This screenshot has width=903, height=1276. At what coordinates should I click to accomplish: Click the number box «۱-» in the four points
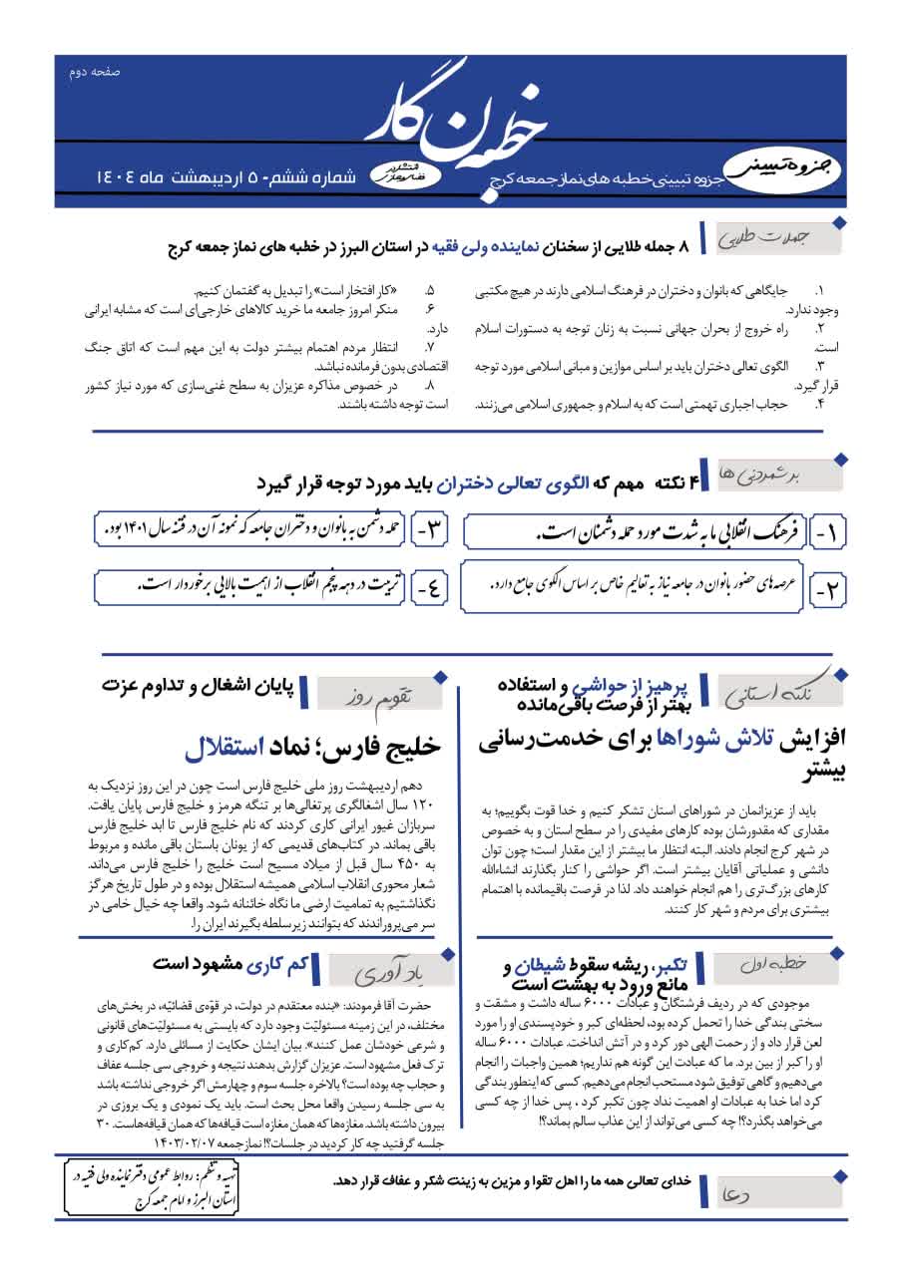825,535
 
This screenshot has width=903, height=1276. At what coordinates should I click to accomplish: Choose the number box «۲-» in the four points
825,590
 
